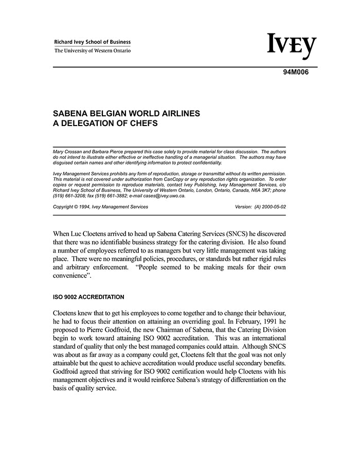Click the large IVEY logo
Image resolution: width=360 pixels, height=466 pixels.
point(292,47)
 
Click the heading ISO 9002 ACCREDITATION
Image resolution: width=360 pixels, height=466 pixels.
point(88,297)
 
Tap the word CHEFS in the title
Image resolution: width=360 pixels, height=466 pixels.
point(140,123)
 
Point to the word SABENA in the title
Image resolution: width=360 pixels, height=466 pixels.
point(70,113)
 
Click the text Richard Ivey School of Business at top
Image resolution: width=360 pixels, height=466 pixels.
point(93,42)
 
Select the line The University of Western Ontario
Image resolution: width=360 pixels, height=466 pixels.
point(93,50)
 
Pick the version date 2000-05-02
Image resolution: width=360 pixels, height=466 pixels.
point(271,207)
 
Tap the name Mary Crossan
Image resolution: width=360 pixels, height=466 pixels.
point(69,152)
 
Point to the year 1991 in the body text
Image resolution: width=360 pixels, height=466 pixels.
point(253,322)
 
